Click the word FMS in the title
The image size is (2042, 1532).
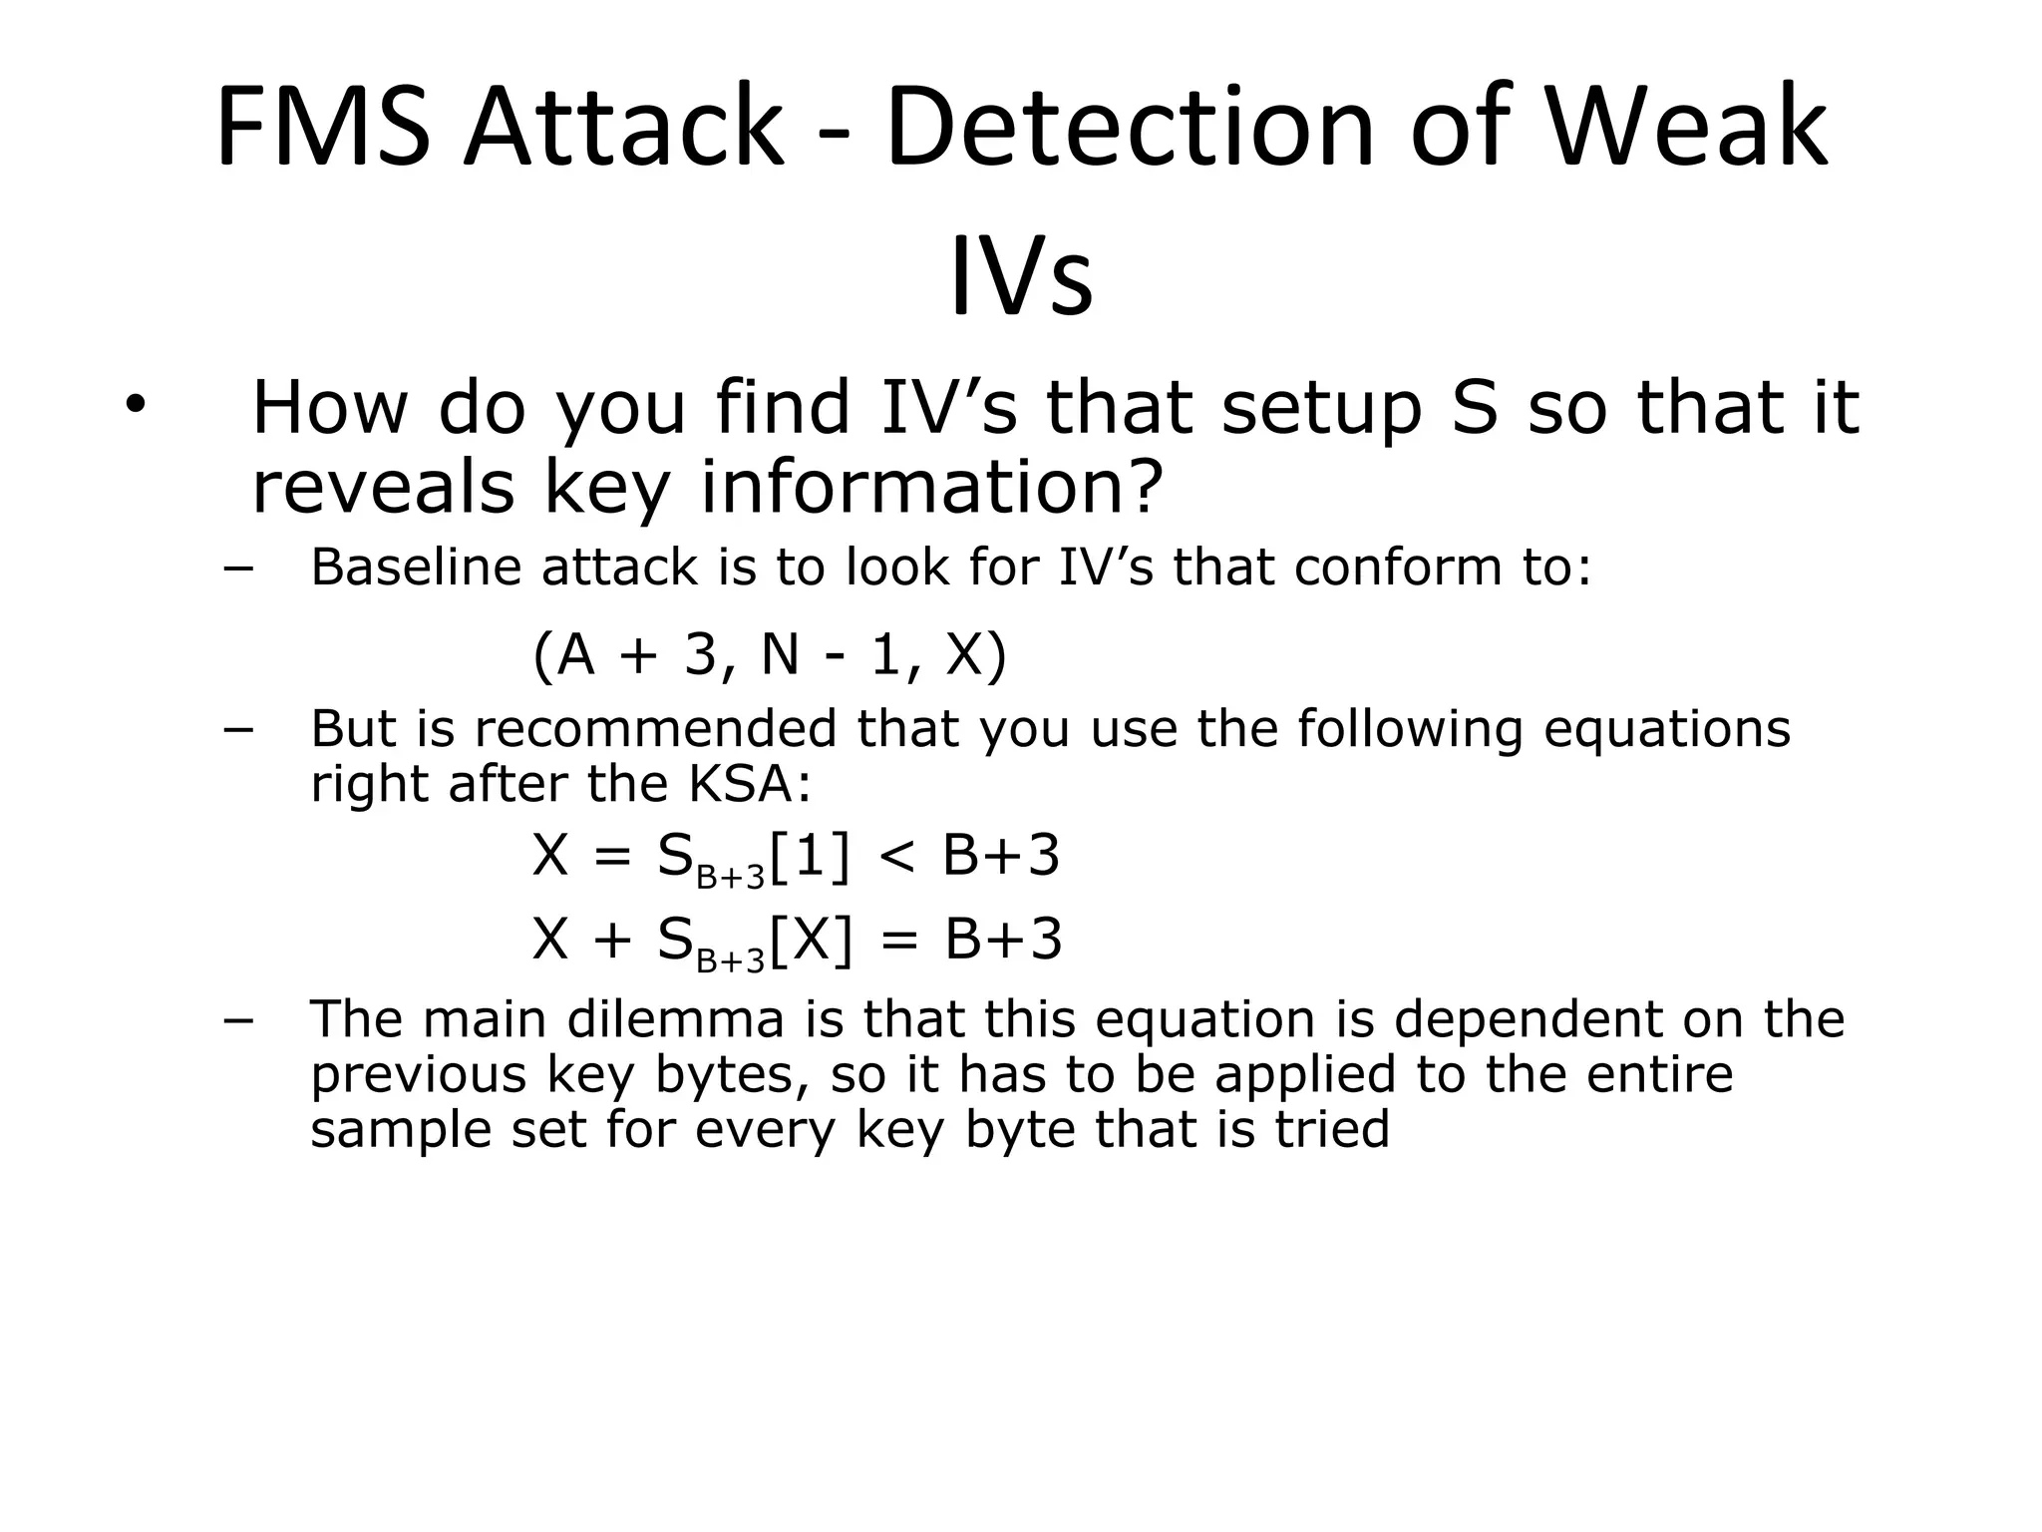click(323, 127)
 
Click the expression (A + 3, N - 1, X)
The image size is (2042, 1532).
click(770, 655)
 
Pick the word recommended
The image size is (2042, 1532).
click(658, 728)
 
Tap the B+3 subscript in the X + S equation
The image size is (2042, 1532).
click(730, 960)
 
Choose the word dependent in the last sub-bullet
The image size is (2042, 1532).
click(1530, 1018)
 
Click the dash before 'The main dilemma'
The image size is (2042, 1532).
click(238, 1018)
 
